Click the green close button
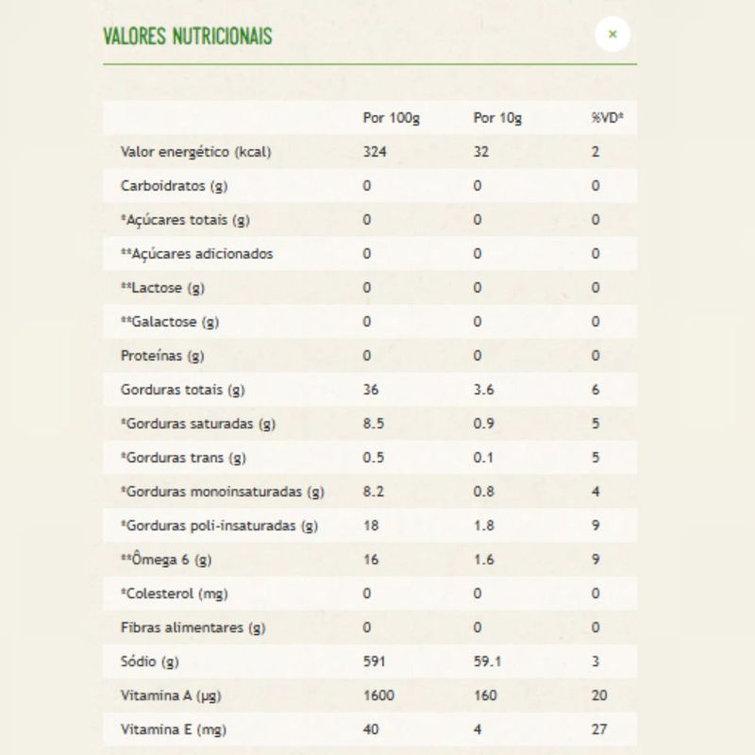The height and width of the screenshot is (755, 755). (x=612, y=35)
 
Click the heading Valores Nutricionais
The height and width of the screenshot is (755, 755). (x=188, y=37)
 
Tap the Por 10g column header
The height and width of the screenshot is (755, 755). (x=497, y=118)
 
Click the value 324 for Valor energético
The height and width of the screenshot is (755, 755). (x=375, y=152)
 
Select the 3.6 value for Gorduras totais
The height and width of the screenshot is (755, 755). (x=483, y=390)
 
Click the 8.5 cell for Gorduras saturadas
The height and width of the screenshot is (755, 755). (x=374, y=424)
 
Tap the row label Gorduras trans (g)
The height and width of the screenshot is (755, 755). (x=183, y=458)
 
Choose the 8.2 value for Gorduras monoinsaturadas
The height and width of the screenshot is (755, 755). (x=374, y=492)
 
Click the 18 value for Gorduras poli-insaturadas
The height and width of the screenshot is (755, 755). (x=371, y=526)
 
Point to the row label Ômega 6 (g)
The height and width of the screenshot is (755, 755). (x=166, y=560)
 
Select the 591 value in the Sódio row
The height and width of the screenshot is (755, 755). (x=375, y=662)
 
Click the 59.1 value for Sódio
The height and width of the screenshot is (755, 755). (x=487, y=662)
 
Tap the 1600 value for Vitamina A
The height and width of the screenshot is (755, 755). (x=378, y=696)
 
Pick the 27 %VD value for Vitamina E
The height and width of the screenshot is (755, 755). (x=599, y=730)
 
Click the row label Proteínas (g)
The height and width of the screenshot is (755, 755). (x=162, y=356)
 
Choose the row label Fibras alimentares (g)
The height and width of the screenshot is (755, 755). (x=192, y=628)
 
